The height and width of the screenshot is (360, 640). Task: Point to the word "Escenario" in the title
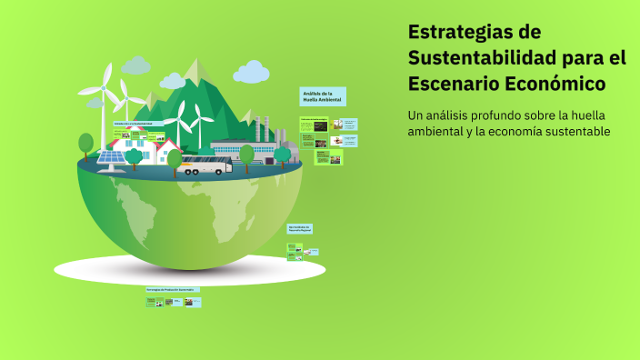[450, 85]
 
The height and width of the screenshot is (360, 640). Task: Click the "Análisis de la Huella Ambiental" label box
[323, 96]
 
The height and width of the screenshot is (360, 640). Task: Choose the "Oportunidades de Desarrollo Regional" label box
[300, 228]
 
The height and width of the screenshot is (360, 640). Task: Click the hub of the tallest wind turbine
[103, 88]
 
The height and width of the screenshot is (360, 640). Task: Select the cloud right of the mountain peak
[250, 72]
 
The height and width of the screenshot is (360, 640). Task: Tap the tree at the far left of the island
[86, 143]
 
